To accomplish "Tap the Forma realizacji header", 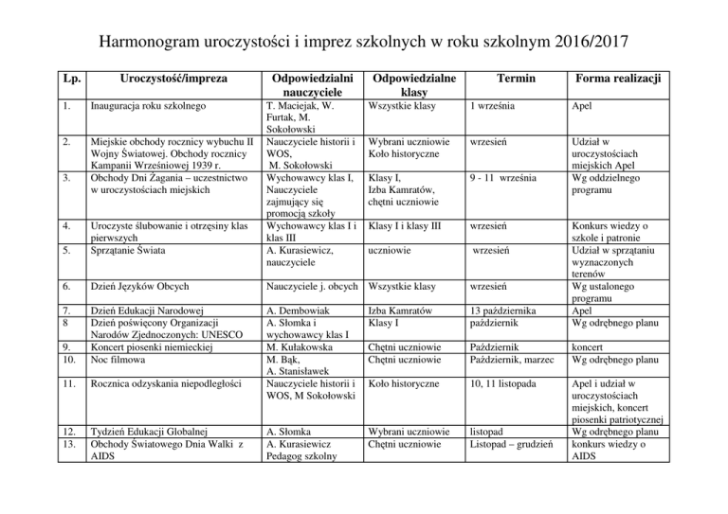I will (620, 82).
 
